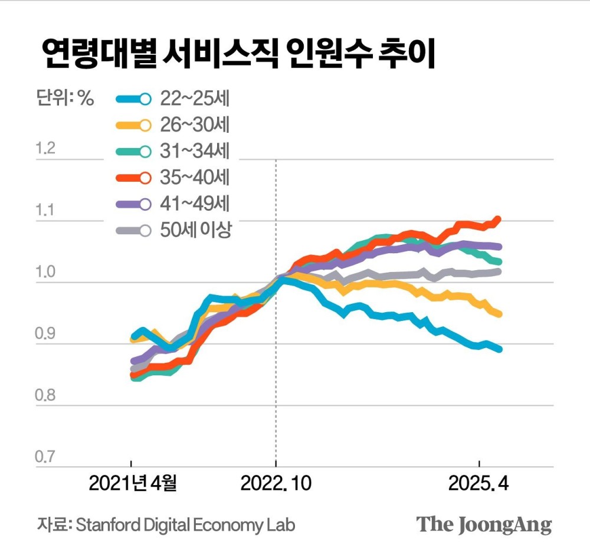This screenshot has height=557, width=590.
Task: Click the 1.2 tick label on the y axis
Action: click(x=45, y=148)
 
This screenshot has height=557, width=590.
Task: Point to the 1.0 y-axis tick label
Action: click(x=45, y=273)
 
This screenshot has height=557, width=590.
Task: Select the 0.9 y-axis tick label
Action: click(x=45, y=335)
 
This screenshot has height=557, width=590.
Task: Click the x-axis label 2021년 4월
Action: click(x=132, y=484)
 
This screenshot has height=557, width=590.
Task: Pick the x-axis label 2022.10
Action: click(x=275, y=484)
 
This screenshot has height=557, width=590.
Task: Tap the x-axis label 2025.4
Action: click(x=478, y=484)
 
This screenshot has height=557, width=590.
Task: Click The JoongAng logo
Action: click(x=484, y=525)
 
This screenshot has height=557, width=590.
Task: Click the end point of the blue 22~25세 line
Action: click(x=499, y=349)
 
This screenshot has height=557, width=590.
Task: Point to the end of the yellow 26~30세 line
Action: click(x=499, y=314)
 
